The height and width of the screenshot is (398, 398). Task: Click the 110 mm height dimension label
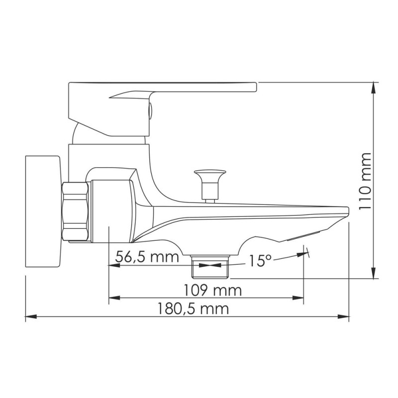pos(366,181)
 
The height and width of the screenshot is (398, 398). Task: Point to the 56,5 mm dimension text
pos(147,257)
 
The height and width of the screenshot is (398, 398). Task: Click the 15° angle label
pos(260,261)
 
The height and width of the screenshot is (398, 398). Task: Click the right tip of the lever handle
pos(256,87)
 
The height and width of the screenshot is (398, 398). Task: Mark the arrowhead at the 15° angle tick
pos(302,254)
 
